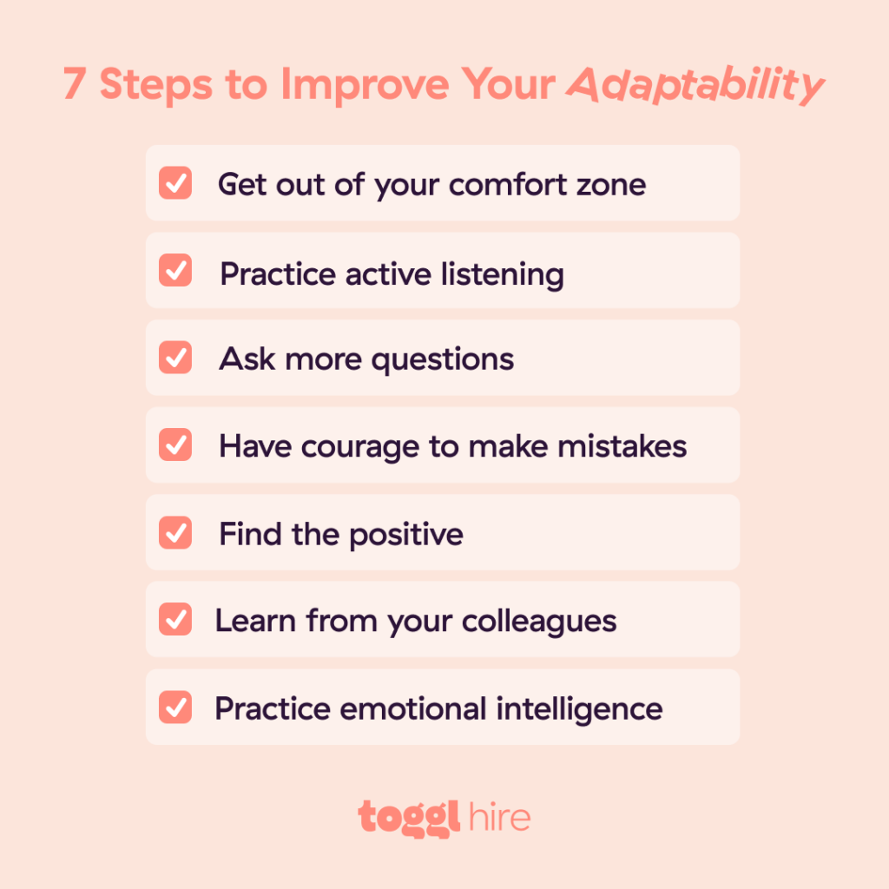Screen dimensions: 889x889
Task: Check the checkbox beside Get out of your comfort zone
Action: pos(175,183)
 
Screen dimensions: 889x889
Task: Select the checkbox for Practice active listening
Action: pos(175,271)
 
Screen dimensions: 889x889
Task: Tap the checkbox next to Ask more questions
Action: pos(175,359)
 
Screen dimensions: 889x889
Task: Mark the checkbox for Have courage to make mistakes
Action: pos(175,445)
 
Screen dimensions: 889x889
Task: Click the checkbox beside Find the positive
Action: pos(175,533)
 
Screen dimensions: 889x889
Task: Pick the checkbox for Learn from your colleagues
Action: pos(175,621)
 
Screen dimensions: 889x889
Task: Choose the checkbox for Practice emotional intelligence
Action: pos(175,708)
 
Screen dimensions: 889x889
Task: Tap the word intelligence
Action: pos(579,709)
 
